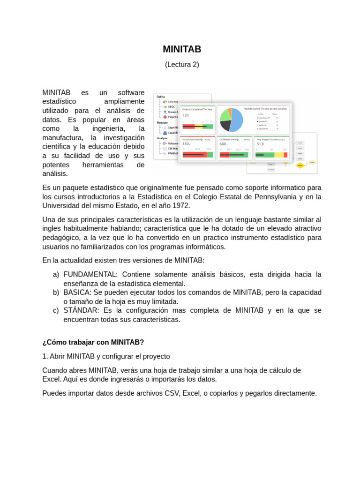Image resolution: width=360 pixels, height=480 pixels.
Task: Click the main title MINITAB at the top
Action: (x=182, y=49)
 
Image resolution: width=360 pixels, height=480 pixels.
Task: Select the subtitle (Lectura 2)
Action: (x=182, y=65)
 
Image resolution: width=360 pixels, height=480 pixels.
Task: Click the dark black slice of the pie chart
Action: (x=225, y=125)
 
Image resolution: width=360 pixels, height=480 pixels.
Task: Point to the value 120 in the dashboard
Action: (x=185, y=115)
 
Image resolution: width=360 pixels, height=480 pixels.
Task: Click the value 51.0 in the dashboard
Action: (x=260, y=144)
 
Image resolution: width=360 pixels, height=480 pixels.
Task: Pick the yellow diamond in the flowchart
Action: (x=300, y=165)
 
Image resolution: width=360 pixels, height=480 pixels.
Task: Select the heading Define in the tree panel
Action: (x=161, y=97)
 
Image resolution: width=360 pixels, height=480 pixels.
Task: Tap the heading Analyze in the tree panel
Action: (x=162, y=138)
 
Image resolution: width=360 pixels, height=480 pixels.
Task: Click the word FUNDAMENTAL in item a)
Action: (x=90, y=274)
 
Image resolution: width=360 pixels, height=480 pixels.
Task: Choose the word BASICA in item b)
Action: (x=76, y=292)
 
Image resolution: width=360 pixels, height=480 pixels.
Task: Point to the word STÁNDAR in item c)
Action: (x=81, y=310)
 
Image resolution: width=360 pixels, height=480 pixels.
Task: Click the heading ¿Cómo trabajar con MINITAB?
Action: (x=93, y=342)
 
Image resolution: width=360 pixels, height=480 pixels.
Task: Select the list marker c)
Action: (x=56, y=310)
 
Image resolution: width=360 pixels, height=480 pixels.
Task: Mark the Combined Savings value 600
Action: (x=223, y=144)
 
